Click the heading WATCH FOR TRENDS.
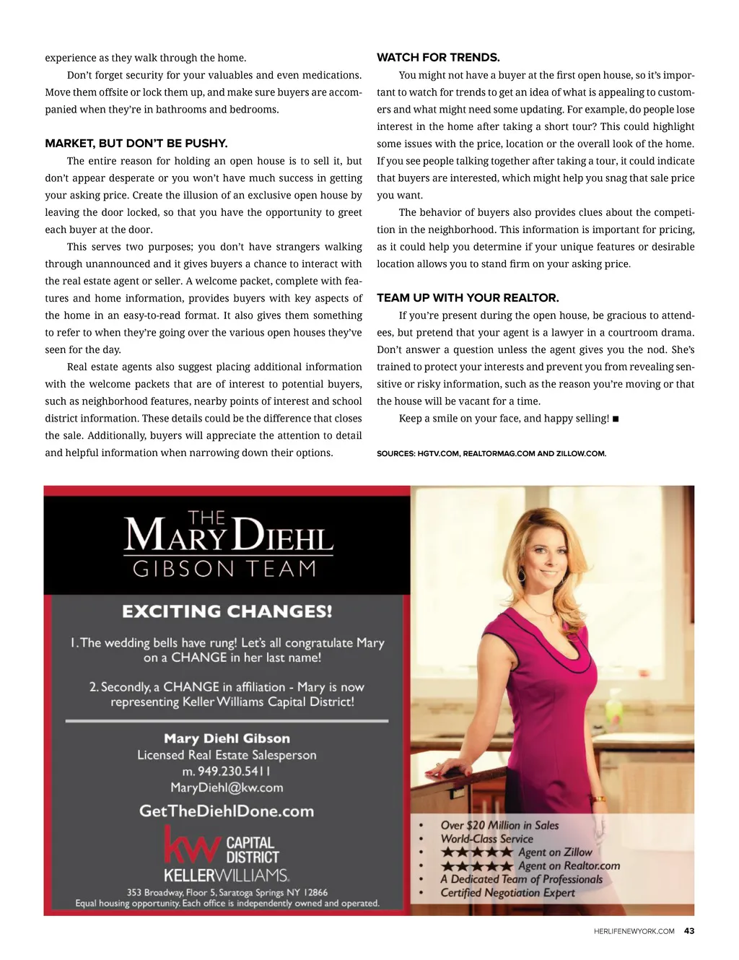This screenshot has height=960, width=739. click(x=438, y=58)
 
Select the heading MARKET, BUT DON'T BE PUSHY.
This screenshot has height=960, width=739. click(x=136, y=144)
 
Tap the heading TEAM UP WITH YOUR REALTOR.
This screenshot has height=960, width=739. click(x=468, y=298)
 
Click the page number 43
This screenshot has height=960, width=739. click(x=689, y=931)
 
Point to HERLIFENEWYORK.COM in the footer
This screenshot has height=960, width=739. click(x=634, y=931)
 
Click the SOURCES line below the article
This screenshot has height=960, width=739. click(x=491, y=454)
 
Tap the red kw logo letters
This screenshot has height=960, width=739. click(x=191, y=846)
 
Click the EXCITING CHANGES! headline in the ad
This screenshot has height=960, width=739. click(x=227, y=612)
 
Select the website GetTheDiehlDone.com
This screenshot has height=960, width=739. click(x=227, y=811)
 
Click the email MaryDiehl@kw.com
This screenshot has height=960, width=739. click(x=227, y=787)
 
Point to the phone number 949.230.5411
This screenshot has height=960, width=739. click(x=227, y=771)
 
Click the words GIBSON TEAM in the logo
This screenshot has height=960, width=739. click(x=224, y=570)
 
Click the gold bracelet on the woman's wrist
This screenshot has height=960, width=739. click(x=598, y=799)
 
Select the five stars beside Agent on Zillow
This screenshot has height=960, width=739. click(x=477, y=852)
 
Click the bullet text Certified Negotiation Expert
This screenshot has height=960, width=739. click(x=507, y=893)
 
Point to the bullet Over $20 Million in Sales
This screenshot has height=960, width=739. click(x=499, y=826)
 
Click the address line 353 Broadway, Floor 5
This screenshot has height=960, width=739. click(x=227, y=892)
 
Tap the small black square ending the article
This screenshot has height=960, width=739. click(x=616, y=419)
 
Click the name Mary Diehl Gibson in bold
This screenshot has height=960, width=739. click(x=227, y=738)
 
